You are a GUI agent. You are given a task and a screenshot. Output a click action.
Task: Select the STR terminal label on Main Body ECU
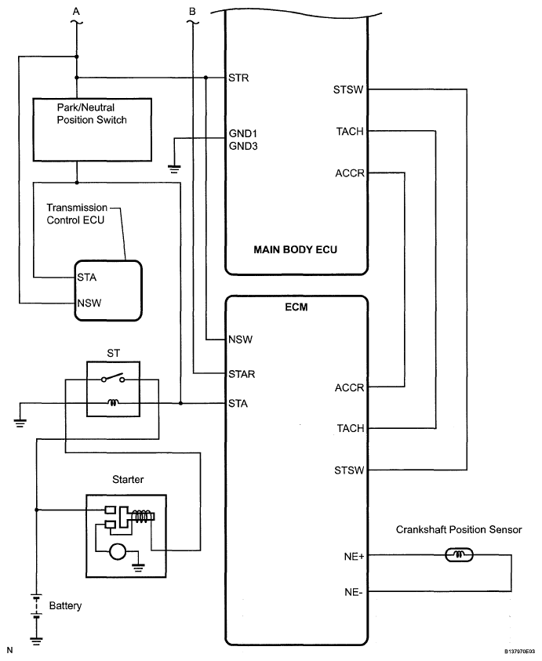[x=238, y=78]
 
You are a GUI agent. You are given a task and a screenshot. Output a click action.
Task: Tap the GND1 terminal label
[x=242, y=133]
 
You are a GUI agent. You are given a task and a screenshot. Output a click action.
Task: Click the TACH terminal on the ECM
[x=349, y=428]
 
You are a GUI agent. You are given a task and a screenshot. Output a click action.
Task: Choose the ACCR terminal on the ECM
[x=349, y=387]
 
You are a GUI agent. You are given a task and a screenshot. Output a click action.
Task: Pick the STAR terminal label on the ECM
[x=242, y=373]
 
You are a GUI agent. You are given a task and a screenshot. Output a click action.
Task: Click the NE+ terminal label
[x=352, y=557]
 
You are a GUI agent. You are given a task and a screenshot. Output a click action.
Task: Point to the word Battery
[x=65, y=606]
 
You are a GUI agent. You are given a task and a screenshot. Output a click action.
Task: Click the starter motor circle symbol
[x=118, y=552]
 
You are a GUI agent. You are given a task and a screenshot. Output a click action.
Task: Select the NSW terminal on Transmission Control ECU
[x=89, y=302]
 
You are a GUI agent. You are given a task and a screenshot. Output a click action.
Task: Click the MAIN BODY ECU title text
[x=296, y=250]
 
